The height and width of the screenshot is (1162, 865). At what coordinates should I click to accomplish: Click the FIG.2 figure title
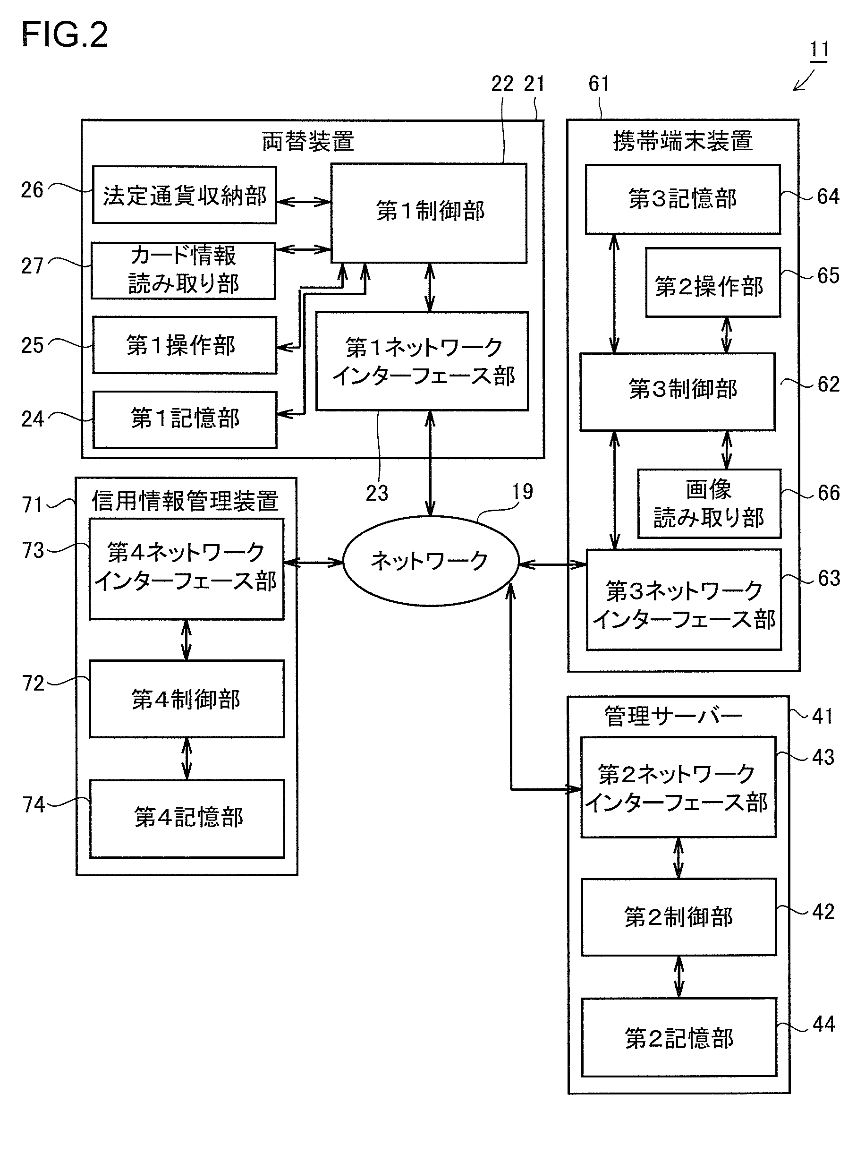click(64, 35)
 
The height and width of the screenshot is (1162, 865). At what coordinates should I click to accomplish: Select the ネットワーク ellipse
click(430, 561)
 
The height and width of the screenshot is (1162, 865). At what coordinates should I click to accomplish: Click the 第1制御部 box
click(429, 212)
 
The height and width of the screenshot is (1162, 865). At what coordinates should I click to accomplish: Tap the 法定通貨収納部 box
click(184, 196)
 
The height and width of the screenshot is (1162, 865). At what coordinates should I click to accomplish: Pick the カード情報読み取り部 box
click(183, 270)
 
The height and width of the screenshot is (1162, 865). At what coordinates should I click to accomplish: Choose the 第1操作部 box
click(184, 345)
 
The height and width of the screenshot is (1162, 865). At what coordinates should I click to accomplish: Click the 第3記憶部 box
click(682, 199)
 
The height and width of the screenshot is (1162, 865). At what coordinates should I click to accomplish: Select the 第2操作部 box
click(712, 283)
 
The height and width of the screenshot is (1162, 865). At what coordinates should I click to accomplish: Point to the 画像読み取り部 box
click(709, 504)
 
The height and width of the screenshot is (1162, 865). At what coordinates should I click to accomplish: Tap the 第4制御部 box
click(187, 699)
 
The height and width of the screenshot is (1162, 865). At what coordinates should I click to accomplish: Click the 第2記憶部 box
click(678, 1037)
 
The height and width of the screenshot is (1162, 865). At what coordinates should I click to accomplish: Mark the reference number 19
click(522, 492)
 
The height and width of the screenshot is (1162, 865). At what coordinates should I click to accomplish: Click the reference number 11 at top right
click(819, 50)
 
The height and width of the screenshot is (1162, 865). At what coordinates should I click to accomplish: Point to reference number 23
click(377, 494)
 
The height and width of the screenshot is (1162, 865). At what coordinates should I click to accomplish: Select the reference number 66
click(828, 493)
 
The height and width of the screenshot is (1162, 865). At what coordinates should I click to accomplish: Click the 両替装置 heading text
click(308, 141)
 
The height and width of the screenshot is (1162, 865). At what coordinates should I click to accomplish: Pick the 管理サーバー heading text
click(673, 716)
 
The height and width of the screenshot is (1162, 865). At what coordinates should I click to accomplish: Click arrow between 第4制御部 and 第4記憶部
click(187, 758)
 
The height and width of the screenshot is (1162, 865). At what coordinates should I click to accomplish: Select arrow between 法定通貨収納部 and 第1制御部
click(304, 201)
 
